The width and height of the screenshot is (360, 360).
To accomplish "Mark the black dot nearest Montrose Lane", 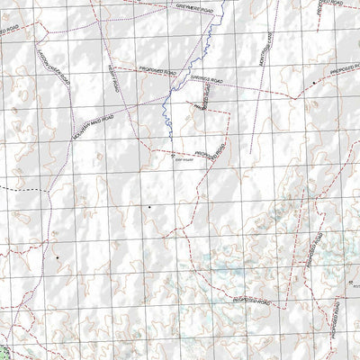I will [x=313, y=82].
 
